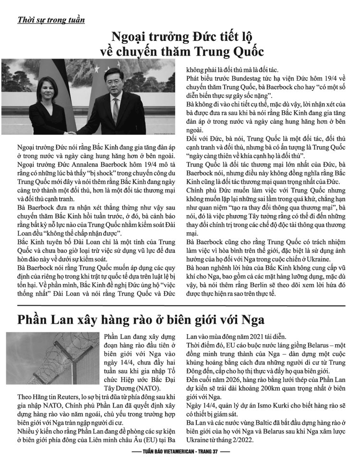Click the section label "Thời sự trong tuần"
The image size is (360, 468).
click(x=50, y=20)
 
